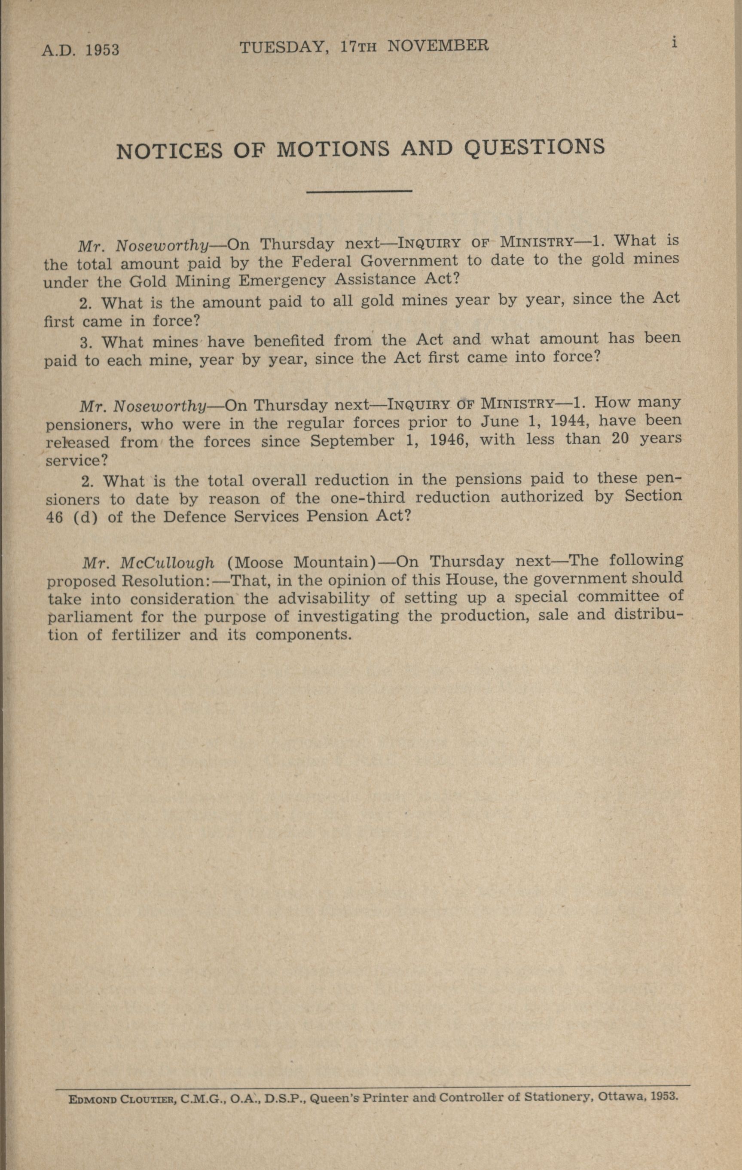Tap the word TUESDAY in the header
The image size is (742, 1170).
click(x=282, y=47)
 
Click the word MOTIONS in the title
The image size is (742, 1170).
click(x=333, y=150)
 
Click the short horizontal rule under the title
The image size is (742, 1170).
click(x=359, y=191)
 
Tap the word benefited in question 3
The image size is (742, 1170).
click(x=289, y=341)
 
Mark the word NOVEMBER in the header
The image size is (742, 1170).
click(x=438, y=46)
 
